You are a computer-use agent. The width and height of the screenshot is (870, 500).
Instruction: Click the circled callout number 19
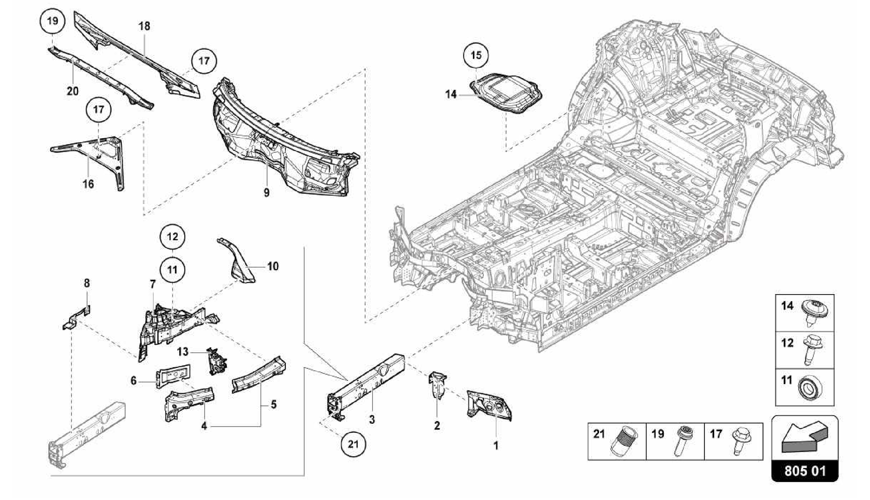53,21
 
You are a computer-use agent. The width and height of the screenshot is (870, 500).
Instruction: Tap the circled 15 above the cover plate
476,55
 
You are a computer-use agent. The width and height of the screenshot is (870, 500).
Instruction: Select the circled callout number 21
353,444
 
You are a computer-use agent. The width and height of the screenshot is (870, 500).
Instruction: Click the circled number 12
172,237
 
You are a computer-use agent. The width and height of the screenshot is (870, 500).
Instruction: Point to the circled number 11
172,270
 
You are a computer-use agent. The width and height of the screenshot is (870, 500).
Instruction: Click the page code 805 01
805,471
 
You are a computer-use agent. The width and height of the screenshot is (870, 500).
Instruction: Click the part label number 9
266,193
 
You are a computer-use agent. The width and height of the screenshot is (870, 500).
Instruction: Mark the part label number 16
88,184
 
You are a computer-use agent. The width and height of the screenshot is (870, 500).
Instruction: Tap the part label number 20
73,91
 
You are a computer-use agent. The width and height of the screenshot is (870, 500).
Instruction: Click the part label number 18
144,26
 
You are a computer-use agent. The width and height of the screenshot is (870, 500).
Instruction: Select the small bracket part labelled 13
216,361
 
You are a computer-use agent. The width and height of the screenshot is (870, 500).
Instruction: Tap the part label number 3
372,420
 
